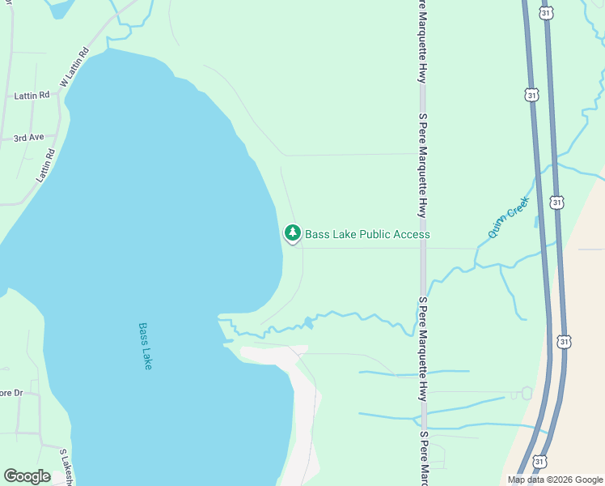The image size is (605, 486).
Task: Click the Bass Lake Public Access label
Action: point(367,234)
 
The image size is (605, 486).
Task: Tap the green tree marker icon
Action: point(292,233)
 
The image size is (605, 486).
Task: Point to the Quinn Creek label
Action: point(509,217)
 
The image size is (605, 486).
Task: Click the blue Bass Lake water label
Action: point(146,347)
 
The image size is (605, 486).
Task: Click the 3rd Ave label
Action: point(28,138)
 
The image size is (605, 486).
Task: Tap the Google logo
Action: point(27,476)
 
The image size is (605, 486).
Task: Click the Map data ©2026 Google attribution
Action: point(555,480)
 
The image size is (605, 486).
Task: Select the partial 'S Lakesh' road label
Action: point(67,466)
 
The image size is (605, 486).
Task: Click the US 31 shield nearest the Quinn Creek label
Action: point(556,202)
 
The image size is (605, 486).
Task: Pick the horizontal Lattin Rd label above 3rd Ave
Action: point(32,96)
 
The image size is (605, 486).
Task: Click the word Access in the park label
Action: point(412,234)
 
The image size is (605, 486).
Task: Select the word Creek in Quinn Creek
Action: point(518,207)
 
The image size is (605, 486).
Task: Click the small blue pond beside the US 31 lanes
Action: point(536,221)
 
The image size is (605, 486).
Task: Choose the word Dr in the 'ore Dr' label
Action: point(18,393)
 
